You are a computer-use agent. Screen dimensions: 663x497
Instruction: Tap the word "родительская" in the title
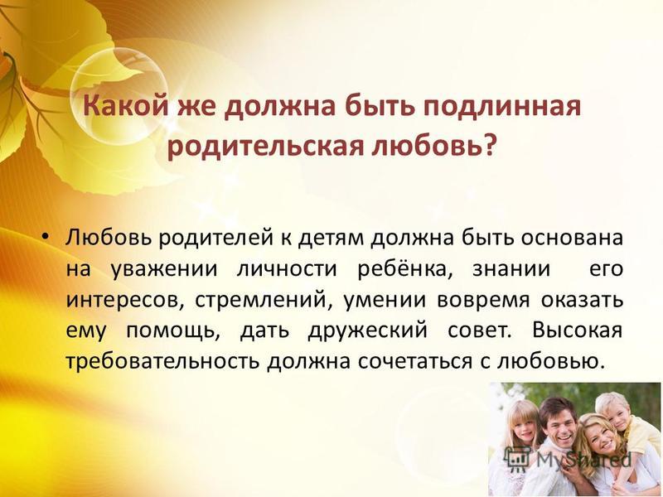pos(266,148)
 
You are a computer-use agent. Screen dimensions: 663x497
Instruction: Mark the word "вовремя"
pos(483,301)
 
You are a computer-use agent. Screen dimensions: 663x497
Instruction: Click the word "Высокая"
pos(577,330)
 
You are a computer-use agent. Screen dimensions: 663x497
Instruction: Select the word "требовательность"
pos(162,362)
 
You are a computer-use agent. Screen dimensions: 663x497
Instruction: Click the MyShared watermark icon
pos(518,459)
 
